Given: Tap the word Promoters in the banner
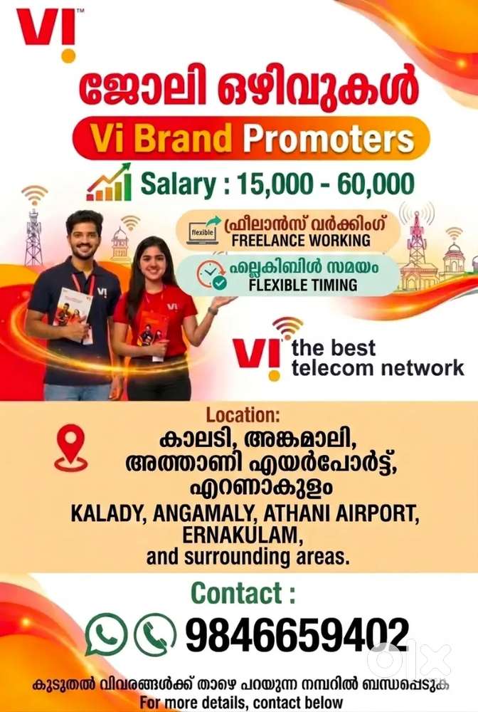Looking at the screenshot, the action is [329, 139].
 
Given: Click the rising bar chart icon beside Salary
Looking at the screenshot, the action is [109, 182].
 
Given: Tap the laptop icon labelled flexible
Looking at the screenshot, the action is [203, 231].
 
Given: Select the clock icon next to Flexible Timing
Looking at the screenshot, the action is [212, 275].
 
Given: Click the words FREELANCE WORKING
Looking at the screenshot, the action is [301, 240].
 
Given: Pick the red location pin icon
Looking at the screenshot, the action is [70, 448].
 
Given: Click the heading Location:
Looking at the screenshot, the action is [243, 414].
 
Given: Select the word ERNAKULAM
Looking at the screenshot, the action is [242, 535].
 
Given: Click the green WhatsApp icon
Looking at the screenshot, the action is [105, 634].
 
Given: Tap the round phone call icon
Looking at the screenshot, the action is [154, 634].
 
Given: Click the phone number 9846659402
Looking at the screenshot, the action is [297, 634].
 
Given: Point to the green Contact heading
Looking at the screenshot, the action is [243, 593].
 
